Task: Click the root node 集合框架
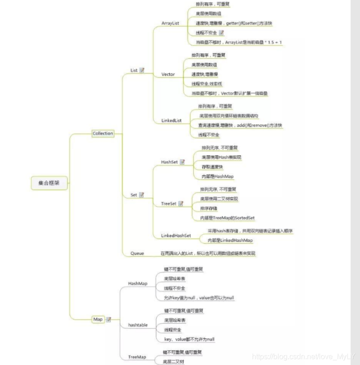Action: coord(49,183)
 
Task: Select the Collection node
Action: coord(102,134)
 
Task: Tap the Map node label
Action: coord(98,319)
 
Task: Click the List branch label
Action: coord(134,70)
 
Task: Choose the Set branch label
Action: coord(133,195)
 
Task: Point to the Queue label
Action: coord(137,253)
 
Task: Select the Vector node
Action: coord(168,74)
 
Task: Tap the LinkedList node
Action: coord(171,121)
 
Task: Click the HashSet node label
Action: coord(169,162)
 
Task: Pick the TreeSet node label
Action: coord(168,203)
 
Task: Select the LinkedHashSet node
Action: coord(176,236)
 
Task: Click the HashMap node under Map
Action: coord(138,283)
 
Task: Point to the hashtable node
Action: coord(138,325)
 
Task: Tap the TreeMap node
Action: coord(137,357)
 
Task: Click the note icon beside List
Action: coord(142,70)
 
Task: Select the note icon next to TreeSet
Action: coord(181,203)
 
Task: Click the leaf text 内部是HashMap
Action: coord(217,176)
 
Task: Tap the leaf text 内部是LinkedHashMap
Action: coord(230,240)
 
